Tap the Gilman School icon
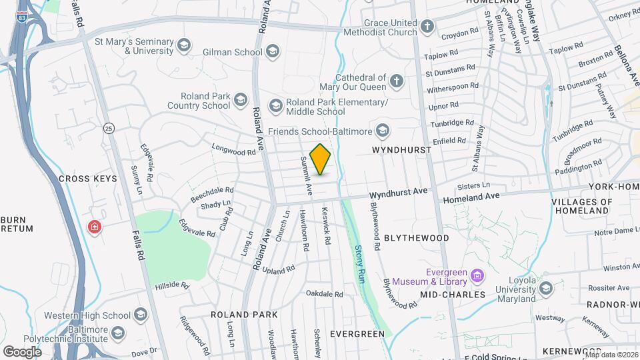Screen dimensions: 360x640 (x=271, y=51)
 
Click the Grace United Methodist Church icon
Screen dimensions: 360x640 (x=427, y=27)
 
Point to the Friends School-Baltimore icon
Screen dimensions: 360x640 (x=383, y=129)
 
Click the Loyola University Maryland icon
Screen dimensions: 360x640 (x=546, y=288)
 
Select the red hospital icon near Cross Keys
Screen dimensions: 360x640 (x=95, y=227)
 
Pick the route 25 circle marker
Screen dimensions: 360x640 (x=109, y=127)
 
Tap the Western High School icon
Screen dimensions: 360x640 (x=141, y=314)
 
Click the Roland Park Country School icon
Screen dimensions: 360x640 (x=241, y=101)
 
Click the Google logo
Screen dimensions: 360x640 (x=22, y=351)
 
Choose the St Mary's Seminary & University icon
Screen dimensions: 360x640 (x=184, y=45)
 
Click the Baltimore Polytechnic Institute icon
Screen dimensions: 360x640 (x=118, y=333)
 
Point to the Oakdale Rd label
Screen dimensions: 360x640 (x=324, y=293)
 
